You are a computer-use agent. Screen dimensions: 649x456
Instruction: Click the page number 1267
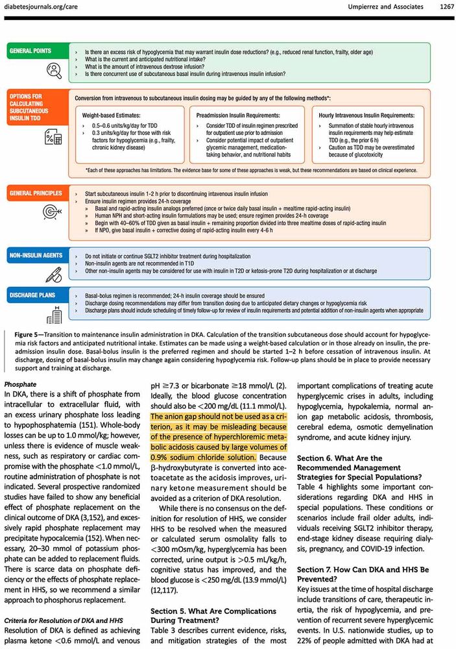441,6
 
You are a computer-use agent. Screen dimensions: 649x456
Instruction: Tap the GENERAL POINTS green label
30,51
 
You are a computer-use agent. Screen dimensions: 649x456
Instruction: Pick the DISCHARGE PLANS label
31,296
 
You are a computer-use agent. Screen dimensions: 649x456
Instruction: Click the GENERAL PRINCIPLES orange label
35,193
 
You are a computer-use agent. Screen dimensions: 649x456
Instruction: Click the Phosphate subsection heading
20,384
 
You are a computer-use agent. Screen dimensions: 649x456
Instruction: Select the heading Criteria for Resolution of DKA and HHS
64,618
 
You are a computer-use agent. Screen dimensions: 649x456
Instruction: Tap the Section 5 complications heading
213,617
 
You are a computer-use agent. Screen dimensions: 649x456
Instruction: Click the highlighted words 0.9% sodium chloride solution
204,458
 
